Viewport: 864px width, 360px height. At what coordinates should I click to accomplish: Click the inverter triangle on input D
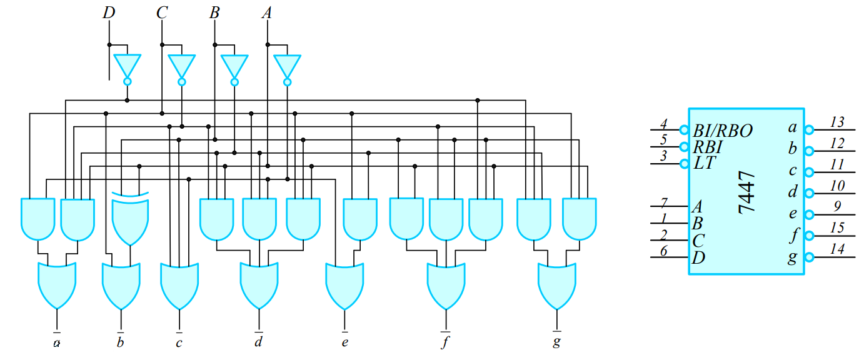pyautogui.click(x=128, y=65)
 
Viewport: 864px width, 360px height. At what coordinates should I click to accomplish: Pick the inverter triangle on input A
pyautogui.click(x=287, y=65)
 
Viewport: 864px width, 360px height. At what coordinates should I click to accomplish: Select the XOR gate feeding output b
pyautogui.click(x=131, y=219)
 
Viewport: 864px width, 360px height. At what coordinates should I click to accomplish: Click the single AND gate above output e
pyautogui.click(x=361, y=219)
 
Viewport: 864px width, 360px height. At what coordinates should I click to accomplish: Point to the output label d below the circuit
pyautogui.click(x=258, y=341)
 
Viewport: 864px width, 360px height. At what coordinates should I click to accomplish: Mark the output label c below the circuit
pyautogui.click(x=179, y=341)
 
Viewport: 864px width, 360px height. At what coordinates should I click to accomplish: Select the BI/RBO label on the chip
pyautogui.click(x=723, y=131)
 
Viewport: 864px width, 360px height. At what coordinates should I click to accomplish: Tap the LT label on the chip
pyautogui.click(x=705, y=163)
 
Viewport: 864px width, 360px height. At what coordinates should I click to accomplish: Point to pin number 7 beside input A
pyautogui.click(x=665, y=202)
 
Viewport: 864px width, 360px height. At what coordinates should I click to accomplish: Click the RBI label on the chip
pyautogui.click(x=708, y=147)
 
